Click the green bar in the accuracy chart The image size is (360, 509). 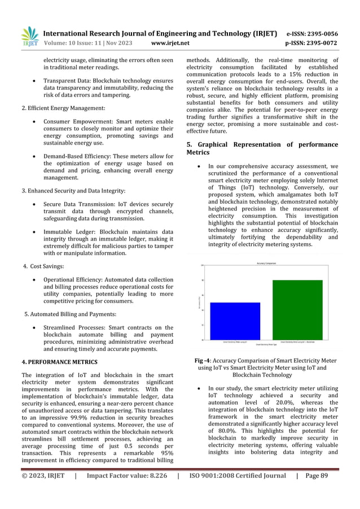(297, 310)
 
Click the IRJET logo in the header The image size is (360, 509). (29, 37)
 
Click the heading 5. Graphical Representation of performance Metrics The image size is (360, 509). (262, 148)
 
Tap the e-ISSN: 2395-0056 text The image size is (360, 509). (313, 33)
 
